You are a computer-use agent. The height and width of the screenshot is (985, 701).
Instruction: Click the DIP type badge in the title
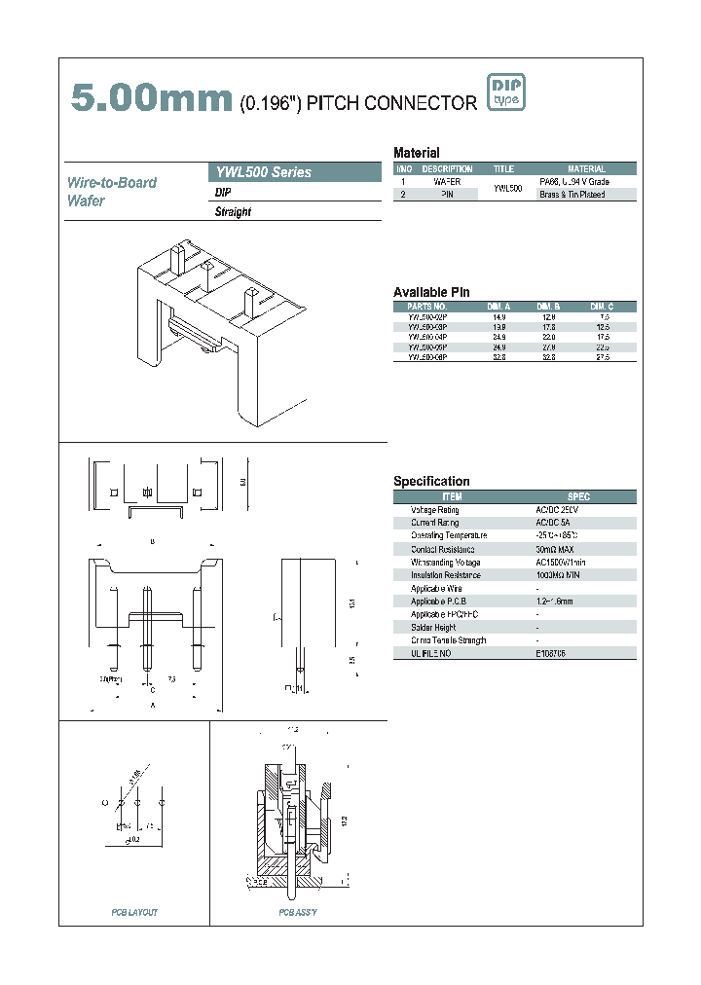(x=505, y=92)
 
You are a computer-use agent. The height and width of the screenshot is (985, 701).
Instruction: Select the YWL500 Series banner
(x=295, y=172)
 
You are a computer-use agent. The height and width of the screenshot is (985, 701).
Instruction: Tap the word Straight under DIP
(x=233, y=212)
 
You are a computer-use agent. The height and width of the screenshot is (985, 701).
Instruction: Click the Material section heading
(x=416, y=153)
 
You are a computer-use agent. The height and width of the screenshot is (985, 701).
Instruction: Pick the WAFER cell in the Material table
(x=447, y=182)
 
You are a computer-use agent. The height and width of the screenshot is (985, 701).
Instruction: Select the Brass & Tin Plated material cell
(x=572, y=195)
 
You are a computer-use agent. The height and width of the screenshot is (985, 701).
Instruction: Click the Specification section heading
(x=431, y=481)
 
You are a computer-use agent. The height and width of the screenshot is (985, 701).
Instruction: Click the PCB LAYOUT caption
(x=134, y=912)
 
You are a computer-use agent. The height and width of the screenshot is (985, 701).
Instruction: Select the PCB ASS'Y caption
(x=298, y=912)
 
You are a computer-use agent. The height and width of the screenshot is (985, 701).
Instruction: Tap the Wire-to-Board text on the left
(x=112, y=182)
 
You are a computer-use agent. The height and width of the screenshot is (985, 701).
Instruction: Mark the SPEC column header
(x=578, y=496)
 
